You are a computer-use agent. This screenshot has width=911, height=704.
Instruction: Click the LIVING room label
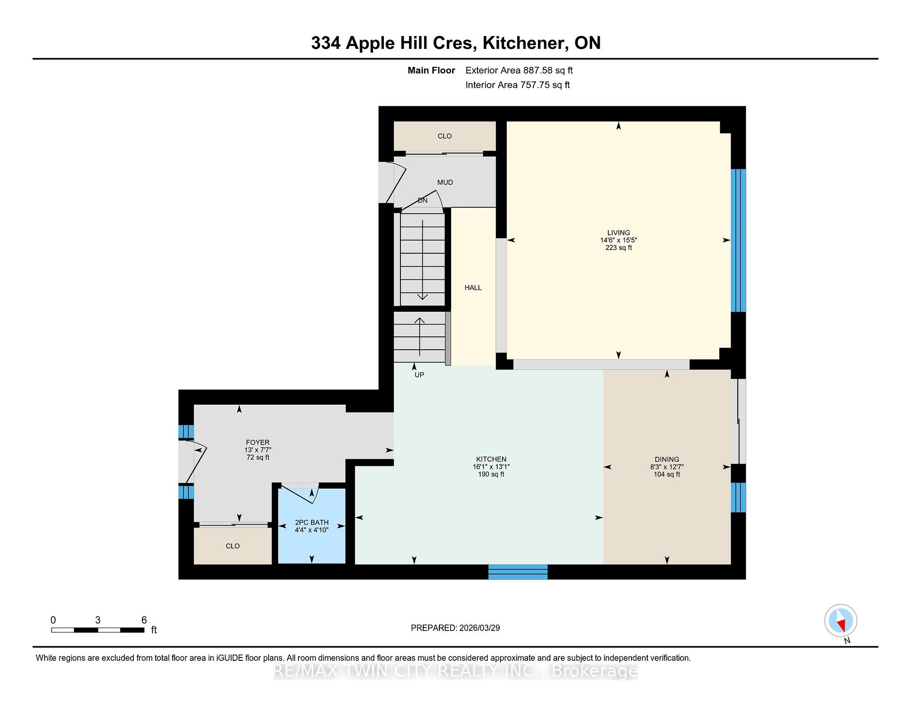point(618,232)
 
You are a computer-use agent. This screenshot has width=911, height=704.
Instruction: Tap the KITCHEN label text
point(491,459)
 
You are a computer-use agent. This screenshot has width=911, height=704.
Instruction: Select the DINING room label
point(667,459)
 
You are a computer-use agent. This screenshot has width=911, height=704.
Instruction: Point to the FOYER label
point(258,442)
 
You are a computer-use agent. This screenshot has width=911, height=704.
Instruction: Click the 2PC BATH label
point(312,522)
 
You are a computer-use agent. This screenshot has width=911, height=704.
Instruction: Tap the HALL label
point(473,287)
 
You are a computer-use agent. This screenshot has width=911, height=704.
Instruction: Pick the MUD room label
point(445,182)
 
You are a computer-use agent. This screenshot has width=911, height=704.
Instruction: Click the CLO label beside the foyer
point(232,546)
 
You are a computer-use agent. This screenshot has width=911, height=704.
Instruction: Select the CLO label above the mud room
point(445,136)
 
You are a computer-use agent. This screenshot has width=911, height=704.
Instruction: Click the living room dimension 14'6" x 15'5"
point(618,240)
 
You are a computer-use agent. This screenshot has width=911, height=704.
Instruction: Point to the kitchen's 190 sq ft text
point(491,474)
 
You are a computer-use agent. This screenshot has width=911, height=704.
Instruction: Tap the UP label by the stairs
point(419,375)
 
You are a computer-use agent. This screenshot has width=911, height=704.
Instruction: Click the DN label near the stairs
point(422,201)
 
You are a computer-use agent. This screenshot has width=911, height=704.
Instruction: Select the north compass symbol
point(841,621)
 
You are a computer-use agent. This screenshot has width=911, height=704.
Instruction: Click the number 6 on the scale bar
point(144,620)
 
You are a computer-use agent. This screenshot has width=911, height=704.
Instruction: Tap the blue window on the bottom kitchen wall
point(518,572)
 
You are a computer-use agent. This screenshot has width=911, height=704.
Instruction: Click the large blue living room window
point(738,241)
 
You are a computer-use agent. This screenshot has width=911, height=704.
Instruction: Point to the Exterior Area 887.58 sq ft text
point(519,70)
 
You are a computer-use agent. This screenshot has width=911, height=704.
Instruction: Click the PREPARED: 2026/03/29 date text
point(455,628)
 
